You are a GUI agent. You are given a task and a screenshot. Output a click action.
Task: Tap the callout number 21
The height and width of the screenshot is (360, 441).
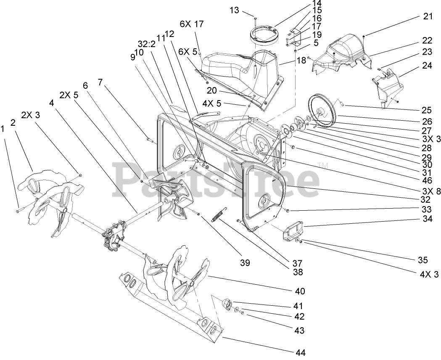coord(428,16)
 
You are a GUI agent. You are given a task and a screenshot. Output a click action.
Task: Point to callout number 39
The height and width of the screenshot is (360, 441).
coord(245,263)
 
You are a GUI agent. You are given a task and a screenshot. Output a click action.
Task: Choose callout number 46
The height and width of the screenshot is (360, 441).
coord(428,180)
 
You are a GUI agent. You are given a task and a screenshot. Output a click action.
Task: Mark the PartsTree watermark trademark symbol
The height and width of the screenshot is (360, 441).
coord(323,164)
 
